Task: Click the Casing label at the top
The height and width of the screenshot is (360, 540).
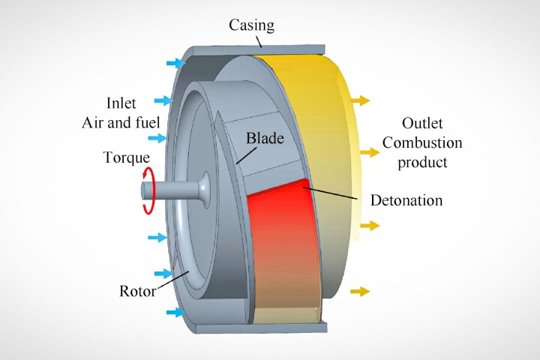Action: click(x=251, y=25)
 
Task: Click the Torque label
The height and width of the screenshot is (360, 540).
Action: click(x=127, y=158)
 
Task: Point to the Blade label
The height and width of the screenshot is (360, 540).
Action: click(x=262, y=139)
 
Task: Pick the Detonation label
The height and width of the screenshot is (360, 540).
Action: click(x=406, y=200)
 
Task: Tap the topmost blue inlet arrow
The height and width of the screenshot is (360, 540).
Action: click(x=173, y=62)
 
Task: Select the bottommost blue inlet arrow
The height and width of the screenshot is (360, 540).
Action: click(x=174, y=311)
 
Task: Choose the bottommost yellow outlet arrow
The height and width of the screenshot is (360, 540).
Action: click(x=360, y=291)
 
